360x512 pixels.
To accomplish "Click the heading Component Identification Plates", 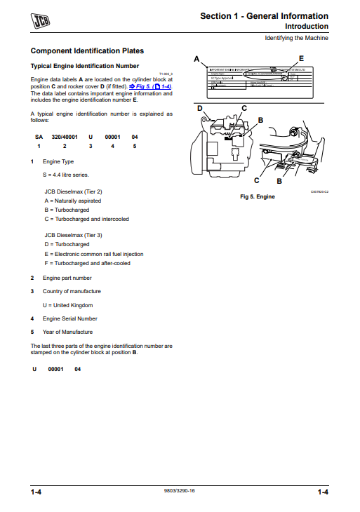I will pos(87,51).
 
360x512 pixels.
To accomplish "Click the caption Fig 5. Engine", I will pos(258,196).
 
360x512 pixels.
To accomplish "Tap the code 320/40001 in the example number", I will pos(65,136).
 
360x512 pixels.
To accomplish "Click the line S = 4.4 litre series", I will pos(65,174).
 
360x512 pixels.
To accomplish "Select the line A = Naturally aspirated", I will pos(73,201).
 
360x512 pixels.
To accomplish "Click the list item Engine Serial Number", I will pos(69,318).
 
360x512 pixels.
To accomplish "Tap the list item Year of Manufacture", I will pos(67,332).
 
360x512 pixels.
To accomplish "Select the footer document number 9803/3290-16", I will pos(179,490).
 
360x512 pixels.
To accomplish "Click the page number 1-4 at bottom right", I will pos(322,493).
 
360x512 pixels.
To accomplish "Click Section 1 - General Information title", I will pos(264,15).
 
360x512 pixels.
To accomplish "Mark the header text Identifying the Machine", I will pos(296,37).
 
